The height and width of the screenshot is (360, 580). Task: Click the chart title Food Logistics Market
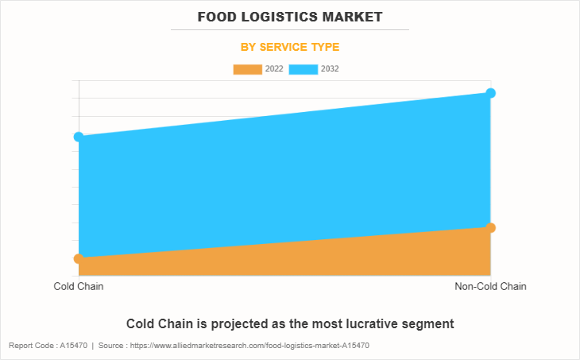(x=290, y=16)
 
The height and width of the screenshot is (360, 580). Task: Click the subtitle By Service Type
(x=290, y=47)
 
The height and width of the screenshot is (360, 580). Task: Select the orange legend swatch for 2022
(x=247, y=69)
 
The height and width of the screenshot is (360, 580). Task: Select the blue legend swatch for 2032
(x=304, y=69)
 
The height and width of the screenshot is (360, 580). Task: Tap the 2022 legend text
(x=274, y=69)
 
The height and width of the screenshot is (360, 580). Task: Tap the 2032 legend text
(x=331, y=69)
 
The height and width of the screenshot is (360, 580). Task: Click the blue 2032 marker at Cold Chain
(x=79, y=137)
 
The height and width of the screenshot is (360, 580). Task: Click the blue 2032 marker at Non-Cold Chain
(x=490, y=93)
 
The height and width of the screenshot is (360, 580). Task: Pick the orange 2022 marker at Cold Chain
(x=79, y=258)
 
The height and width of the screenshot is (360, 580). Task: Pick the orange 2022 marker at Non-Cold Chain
(x=490, y=228)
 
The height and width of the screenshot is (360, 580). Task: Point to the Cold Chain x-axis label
(x=79, y=286)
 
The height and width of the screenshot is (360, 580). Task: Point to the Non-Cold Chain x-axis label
(x=490, y=286)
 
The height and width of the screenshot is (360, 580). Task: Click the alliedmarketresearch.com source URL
(x=250, y=346)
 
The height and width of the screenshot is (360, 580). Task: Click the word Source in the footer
(x=112, y=346)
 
